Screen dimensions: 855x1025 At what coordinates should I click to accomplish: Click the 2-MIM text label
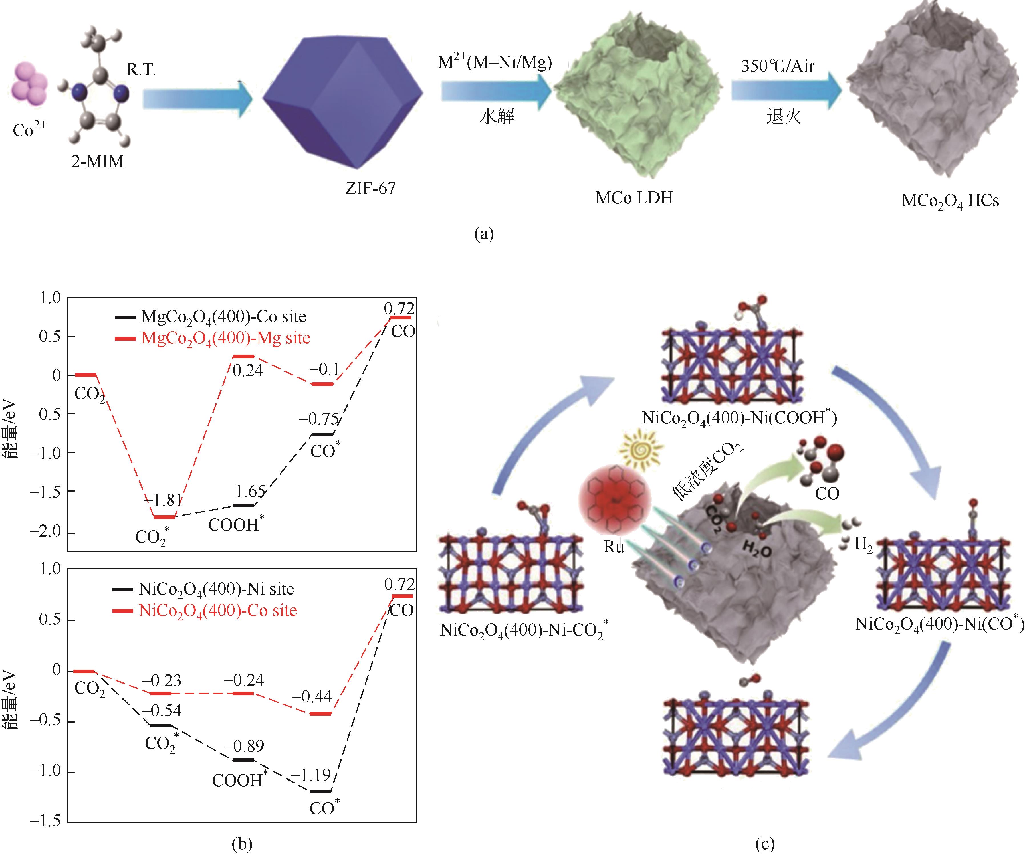coord(98,161)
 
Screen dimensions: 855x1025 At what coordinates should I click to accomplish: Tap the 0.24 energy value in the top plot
coord(247,371)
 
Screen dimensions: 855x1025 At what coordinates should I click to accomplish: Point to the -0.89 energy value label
coord(244,746)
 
